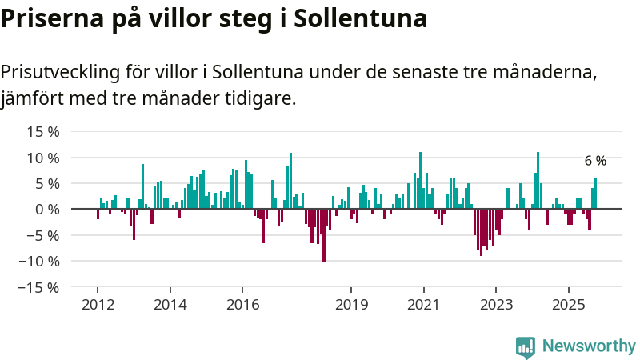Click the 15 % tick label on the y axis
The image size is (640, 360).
coord(43,131)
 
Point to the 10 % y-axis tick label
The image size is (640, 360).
coord(43,158)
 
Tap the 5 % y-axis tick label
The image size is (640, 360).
coord(47,183)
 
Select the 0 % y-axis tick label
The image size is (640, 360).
coord(47,209)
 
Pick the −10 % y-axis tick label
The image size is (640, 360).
coord(39,261)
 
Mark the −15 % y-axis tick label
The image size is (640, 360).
coord(39,286)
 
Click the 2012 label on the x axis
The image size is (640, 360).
coord(98,304)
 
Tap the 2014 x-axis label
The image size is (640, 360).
coord(170,304)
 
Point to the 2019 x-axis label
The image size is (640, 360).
coord(351,304)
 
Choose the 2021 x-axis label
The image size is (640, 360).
coord(423,304)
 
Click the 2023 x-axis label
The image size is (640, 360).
coord(496,304)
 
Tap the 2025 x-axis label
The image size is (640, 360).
coord(568,304)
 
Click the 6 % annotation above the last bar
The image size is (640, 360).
coord(595,161)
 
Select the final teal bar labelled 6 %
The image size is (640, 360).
coord(595,194)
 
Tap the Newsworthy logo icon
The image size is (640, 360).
coord(526,346)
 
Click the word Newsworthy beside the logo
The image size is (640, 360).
coord(589,346)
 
